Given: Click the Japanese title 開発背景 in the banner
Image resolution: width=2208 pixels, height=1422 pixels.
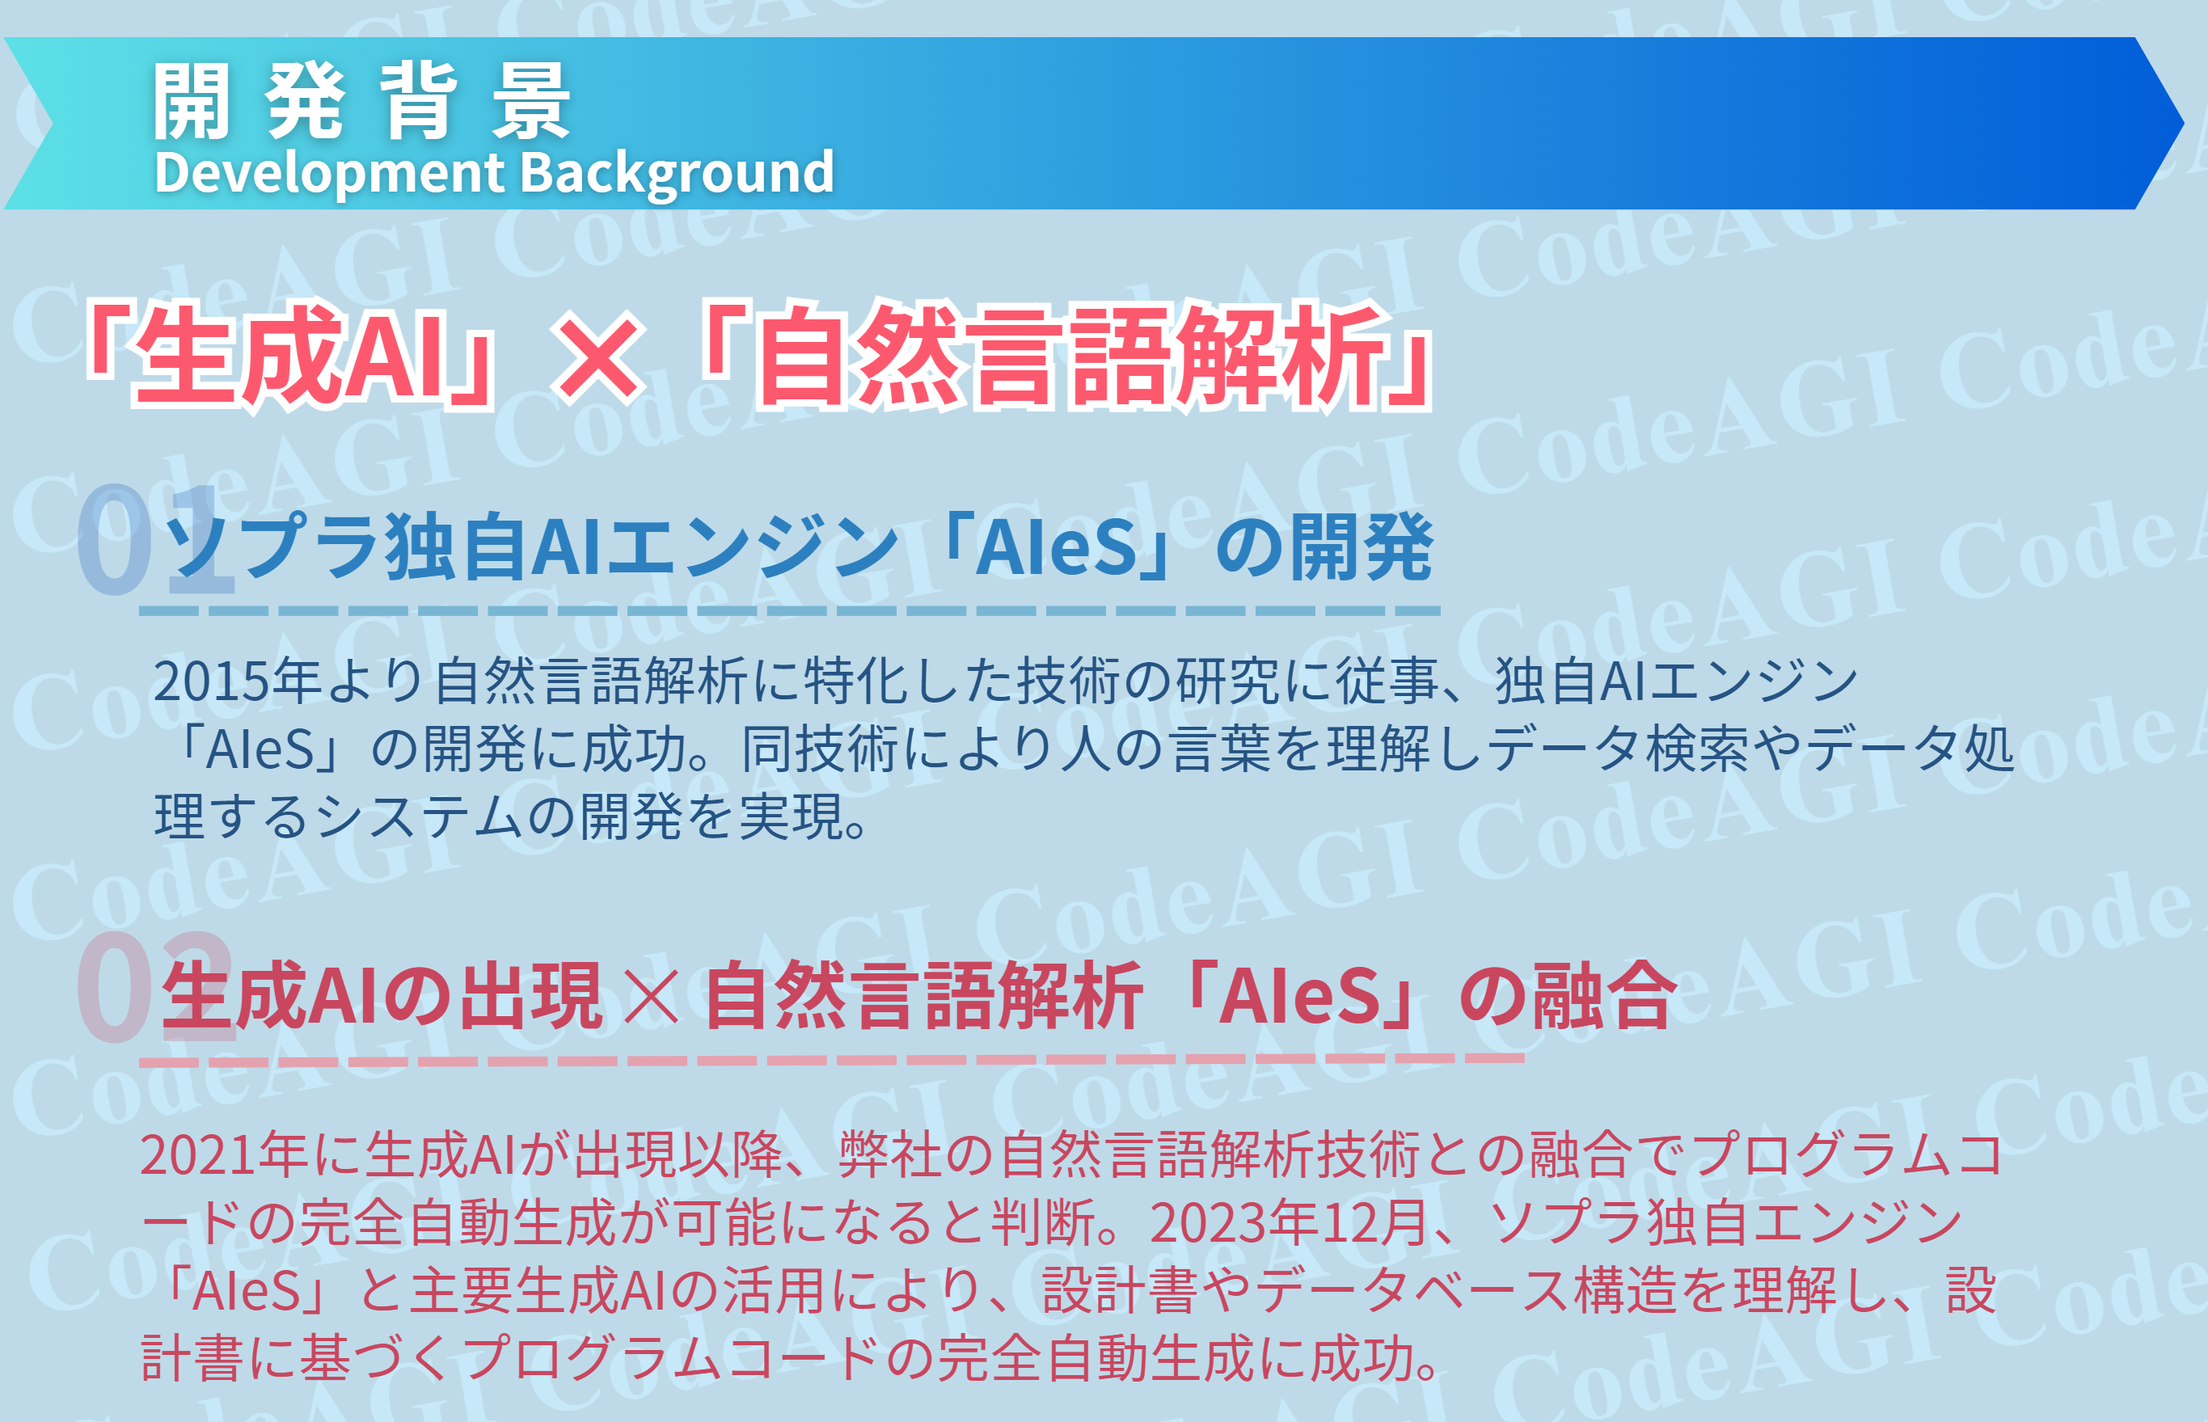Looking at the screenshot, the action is (362, 101).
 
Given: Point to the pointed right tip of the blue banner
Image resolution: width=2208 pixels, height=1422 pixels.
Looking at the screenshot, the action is (2183, 123).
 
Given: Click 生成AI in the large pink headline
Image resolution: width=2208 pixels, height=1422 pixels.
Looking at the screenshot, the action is (287, 356).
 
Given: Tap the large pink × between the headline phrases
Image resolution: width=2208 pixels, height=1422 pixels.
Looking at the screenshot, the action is (597, 357).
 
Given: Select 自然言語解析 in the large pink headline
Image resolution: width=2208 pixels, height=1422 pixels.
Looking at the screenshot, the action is (1070, 356).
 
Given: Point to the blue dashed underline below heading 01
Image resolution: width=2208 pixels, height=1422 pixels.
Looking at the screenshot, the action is (790, 611).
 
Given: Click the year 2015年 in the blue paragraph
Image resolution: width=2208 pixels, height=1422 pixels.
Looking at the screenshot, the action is (236, 681).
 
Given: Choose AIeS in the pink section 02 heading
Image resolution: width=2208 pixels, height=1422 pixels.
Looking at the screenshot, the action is (1299, 996).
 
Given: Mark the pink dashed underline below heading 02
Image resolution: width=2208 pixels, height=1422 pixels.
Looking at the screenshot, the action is (831, 1060).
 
